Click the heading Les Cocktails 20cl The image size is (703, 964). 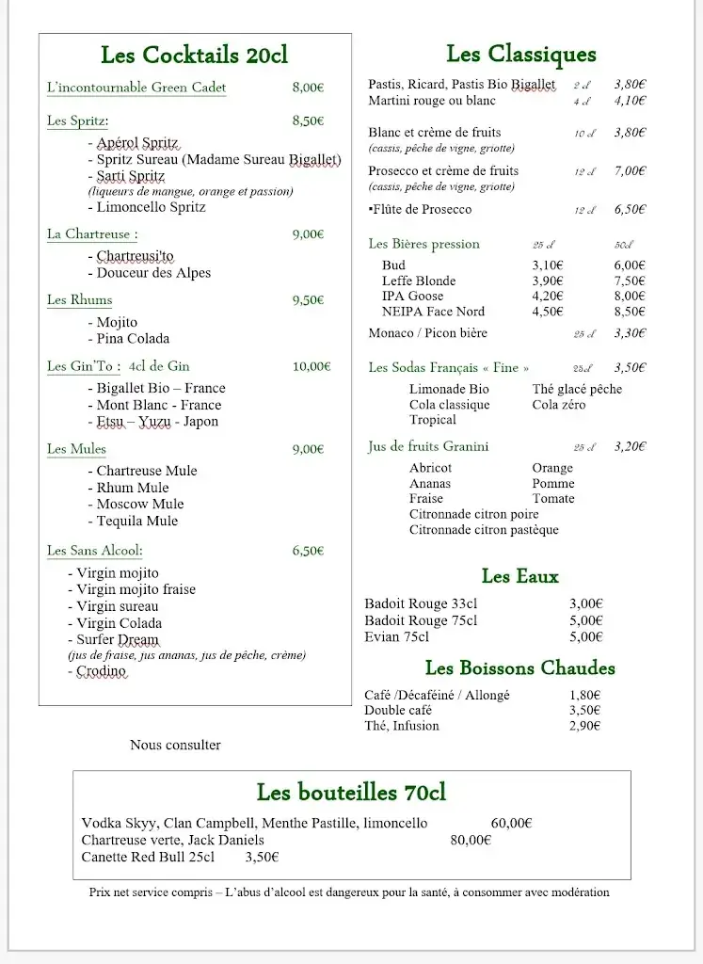(x=194, y=56)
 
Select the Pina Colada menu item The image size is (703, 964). (x=133, y=339)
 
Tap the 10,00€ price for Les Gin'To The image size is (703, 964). (x=312, y=367)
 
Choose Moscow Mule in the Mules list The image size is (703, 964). (x=140, y=505)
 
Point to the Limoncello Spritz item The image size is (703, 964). (x=151, y=207)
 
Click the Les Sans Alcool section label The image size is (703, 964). (x=95, y=551)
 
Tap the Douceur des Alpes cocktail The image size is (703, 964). (x=153, y=273)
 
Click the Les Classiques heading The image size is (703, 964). (x=520, y=55)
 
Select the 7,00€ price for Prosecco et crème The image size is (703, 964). (x=630, y=171)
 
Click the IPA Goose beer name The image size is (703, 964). (x=412, y=297)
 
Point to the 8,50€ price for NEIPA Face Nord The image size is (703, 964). (x=630, y=312)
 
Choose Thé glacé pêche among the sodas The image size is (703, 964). (x=576, y=390)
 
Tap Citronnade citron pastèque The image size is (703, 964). (x=484, y=530)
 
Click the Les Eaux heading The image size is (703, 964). (x=519, y=576)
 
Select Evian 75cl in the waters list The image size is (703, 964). (x=396, y=637)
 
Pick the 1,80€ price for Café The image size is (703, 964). (x=585, y=696)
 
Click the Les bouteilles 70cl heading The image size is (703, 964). (x=351, y=792)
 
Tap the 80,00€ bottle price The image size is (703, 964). (x=471, y=841)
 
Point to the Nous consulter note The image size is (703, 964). (x=175, y=746)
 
